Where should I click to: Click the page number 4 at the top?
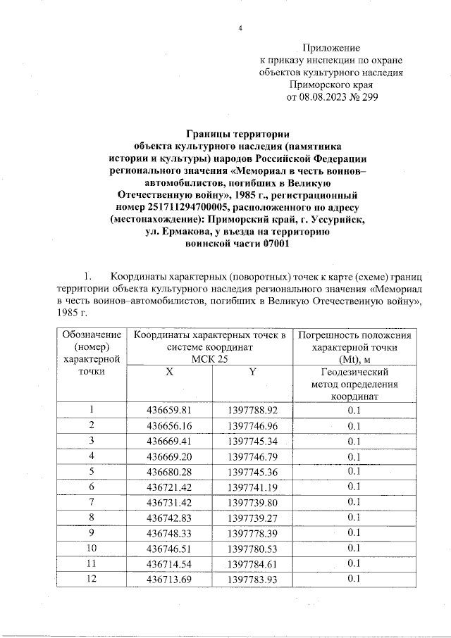[x=240, y=28]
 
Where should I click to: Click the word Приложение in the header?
[x=331, y=47]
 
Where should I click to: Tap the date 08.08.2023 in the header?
[x=325, y=97]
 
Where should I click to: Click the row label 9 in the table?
[x=91, y=532]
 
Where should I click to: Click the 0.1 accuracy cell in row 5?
[x=354, y=472]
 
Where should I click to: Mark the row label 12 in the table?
[x=91, y=579]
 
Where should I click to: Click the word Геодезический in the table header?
[x=354, y=372]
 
